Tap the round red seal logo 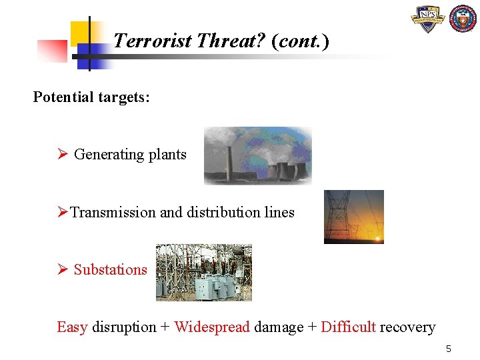[x=463, y=19]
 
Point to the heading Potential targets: [x=91, y=97]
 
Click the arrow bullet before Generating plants [x=63, y=155]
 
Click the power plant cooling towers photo [x=257, y=156]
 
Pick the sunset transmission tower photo [x=353, y=217]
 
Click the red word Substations [x=110, y=270]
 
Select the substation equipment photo [x=203, y=272]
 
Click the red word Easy [x=72, y=327]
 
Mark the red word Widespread [x=212, y=327]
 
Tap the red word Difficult [x=348, y=327]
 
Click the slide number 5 [x=449, y=349]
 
